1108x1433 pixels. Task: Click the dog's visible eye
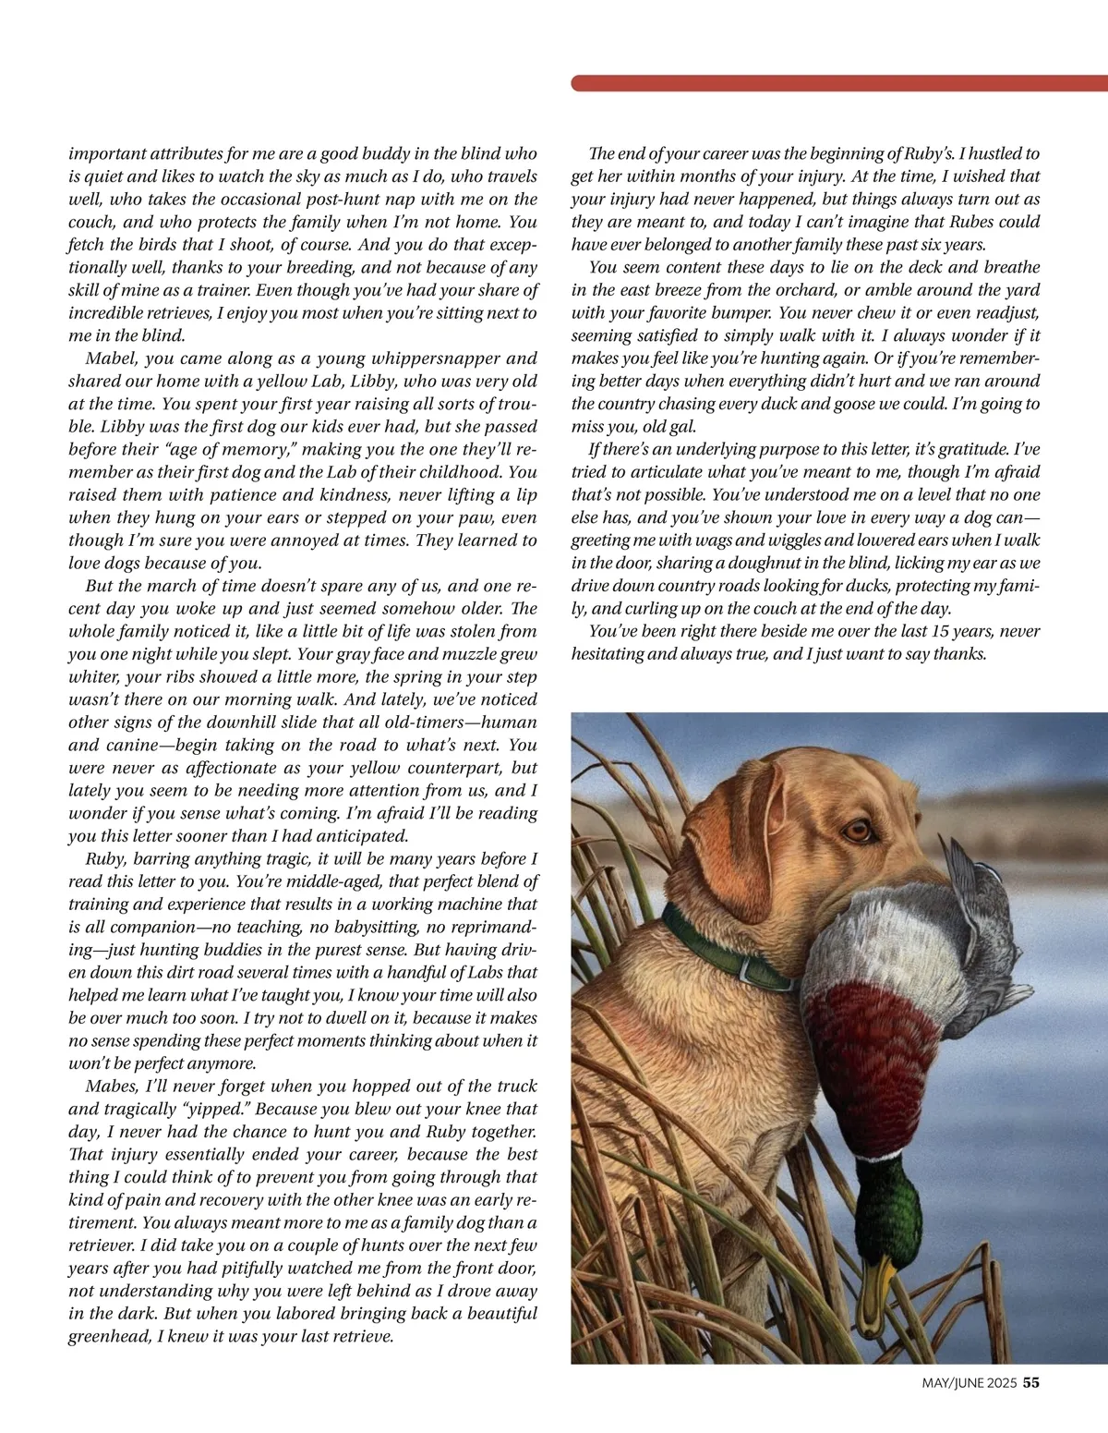pyautogui.click(x=860, y=829)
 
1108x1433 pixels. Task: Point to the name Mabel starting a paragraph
pyautogui.click(x=111, y=358)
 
